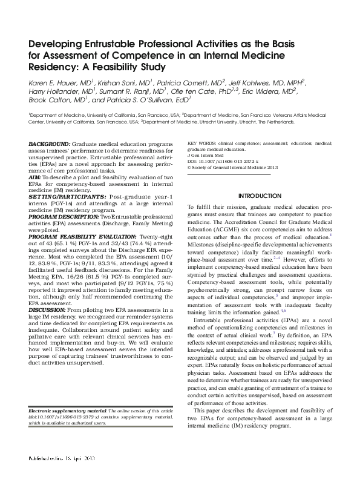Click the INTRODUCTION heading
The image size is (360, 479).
tap(260, 196)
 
